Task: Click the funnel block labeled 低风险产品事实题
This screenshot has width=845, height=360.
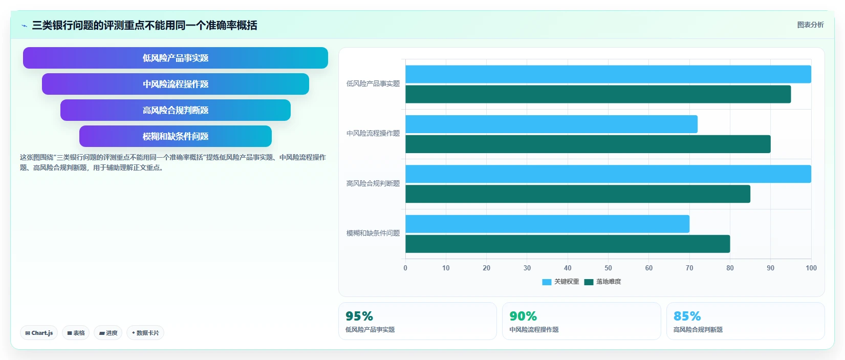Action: pos(176,58)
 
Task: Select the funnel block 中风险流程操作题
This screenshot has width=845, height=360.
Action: pos(176,84)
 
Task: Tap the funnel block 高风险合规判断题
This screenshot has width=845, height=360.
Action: pos(176,110)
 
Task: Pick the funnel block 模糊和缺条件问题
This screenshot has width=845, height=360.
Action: pos(176,136)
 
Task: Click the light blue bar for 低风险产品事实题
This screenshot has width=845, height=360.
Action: pos(608,74)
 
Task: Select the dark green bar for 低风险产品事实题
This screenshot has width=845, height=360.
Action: pos(598,94)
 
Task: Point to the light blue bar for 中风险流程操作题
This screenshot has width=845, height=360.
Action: pos(552,124)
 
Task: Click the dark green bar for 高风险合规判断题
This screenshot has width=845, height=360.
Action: pos(578,194)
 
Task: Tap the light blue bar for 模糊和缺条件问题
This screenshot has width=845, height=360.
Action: pos(547,224)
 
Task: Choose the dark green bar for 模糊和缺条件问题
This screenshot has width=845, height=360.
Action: pos(568,244)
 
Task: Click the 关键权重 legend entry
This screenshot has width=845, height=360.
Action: pos(560,282)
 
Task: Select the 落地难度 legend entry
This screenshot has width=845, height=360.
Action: pos(602,282)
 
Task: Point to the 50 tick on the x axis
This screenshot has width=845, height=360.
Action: pos(608,268)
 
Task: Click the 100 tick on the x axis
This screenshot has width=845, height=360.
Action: pos(811,268)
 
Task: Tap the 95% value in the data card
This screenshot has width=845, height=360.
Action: pos(359,316)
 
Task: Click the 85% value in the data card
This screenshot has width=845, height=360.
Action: pos(687,316)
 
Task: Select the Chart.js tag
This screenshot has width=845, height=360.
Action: pos(39,333)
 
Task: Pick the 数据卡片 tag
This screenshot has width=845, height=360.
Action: pos(145,333)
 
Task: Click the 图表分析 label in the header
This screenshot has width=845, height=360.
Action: pos(810,25)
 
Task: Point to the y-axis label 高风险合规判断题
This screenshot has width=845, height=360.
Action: pos(373,183)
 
